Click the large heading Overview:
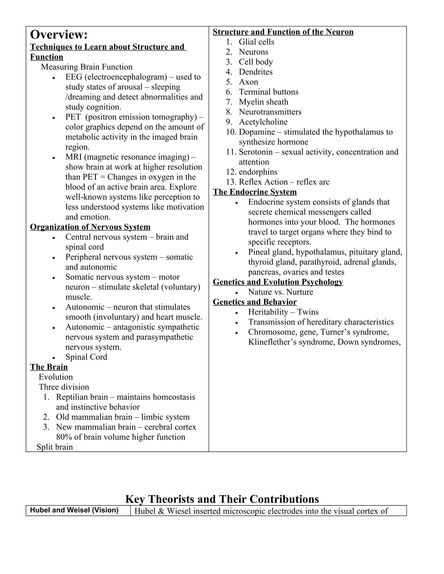point(59,35)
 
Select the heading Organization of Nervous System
point(90,227)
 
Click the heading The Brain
point(49,367)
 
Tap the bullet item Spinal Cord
point(86,357)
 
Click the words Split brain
point(55,447)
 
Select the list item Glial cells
point(256,42)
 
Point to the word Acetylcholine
point(263,122)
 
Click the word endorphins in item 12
point(258,172)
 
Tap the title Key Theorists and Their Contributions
point(222,499)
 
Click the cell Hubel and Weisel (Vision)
point(74,510)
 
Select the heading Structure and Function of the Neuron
point(283,32)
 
